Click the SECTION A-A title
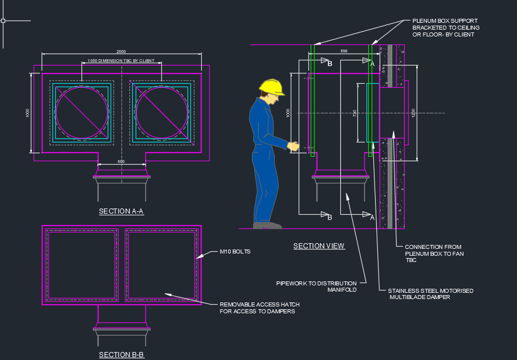pyautogui.click(x=121, y=211)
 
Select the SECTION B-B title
pyautogui.click(x=121, y=355)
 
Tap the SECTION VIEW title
pyautogui.click(x=319, y=246)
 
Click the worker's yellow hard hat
pyautogui.click(x=271, y=87)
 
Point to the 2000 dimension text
pyautogui.click(x=121, y=52)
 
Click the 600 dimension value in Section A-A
pyautogui.click(x=121, y=162)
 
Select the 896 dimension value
pyautogui.click(x=343, y=51)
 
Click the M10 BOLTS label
pyautogui.click(x=235, y=251)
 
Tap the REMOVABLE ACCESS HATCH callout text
pyautogui.click(x=259, y=308)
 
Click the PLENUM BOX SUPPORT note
pyautogui.click(x=446, y=28)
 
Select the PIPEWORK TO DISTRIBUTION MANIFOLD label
pyautogui.click(x=316, y=286)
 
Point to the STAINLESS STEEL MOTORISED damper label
pyautogui.click(x=430, y=294)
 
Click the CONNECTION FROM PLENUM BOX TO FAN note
pyautogui.click(x=434, y=253)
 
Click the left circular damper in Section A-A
pyautogui.click(x=82, y=112)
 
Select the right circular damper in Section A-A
pyautogui.click(x=161, y=112)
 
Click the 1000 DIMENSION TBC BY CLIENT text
pyautogui.click(x=121, y=61)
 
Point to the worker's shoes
pyautogui.click(x=267, y=225)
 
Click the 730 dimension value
pyautogui.click(x=354, y=113)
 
